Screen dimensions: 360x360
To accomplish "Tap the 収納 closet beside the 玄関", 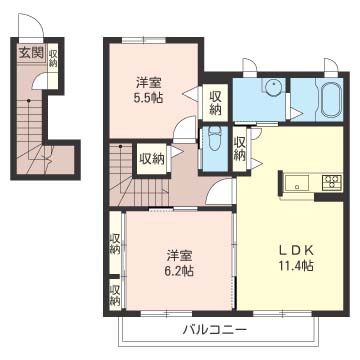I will point(52,58).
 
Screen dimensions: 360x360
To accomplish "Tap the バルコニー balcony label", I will point(215,329).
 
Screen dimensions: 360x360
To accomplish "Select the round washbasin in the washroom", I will point(269,88).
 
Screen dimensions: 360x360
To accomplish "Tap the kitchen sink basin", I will point(299,182).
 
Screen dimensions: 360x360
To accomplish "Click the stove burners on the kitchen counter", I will point(330,182).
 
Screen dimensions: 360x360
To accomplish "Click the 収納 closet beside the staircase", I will point(152,157).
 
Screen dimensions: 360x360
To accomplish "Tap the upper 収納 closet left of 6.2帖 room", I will point(115,242).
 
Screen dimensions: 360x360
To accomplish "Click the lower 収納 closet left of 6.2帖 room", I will point(115,293).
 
